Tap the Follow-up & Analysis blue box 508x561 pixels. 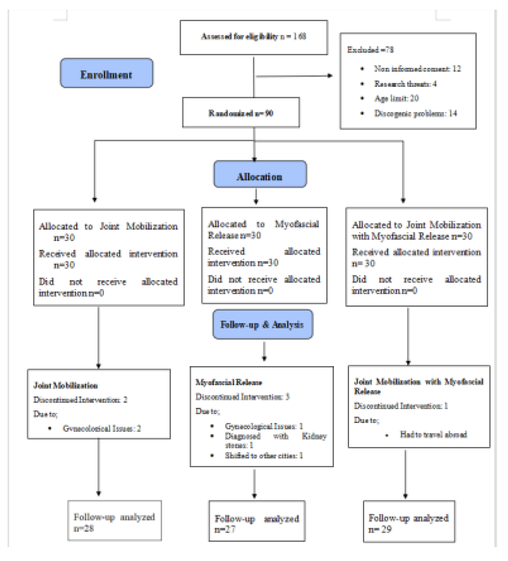click(262, 324)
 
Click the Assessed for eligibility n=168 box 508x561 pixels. click(254, 37)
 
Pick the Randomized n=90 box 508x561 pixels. click(241, 113)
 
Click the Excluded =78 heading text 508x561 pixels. click(370, 50)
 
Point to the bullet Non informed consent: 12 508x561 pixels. click(417, 69)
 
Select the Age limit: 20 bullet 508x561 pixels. click(396, 98)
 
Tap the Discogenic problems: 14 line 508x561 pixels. click(415, 113)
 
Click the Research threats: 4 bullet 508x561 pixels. click(405, 84)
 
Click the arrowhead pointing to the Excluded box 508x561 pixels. click(330, 76)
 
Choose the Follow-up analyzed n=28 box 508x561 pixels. click(114, 521)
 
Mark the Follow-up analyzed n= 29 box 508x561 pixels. click(409, 522)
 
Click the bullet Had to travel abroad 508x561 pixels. click(433, 435)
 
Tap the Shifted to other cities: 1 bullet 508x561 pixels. click(264, 455)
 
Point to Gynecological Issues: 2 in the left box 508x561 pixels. click(102, 428)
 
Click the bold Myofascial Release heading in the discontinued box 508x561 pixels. click(229, 383)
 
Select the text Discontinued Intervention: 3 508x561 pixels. click(242, 397)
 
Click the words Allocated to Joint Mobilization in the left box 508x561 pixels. click(108, 226)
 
